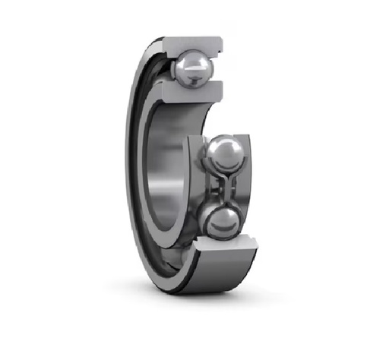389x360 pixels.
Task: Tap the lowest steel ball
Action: [221, 223]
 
